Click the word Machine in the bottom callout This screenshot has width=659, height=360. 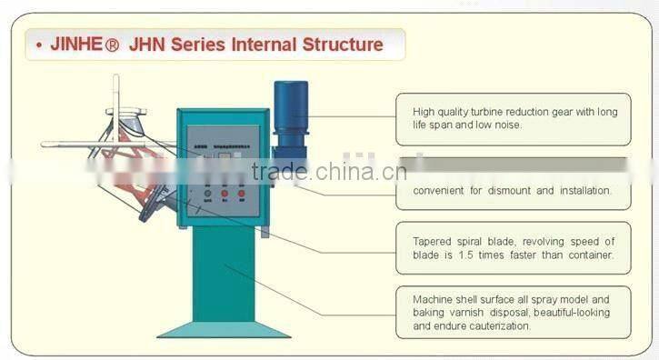(435, 299)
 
